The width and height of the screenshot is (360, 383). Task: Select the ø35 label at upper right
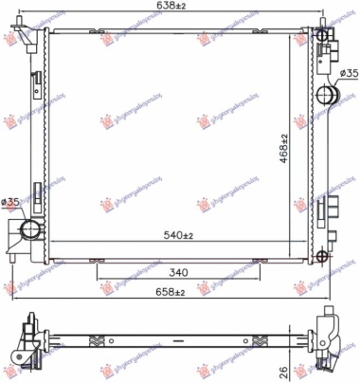click(x=347, y=73)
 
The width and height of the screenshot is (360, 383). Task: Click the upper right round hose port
click(x=329, y=94)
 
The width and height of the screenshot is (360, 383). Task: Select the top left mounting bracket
click(x=36, y=38)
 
